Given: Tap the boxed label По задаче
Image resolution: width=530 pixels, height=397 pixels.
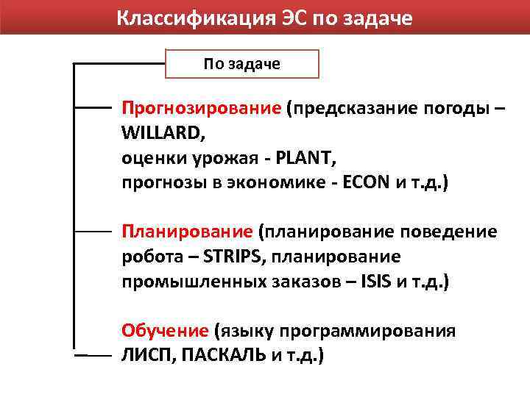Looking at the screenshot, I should click(241, 64).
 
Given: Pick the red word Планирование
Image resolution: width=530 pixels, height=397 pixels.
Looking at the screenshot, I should click(187, 232).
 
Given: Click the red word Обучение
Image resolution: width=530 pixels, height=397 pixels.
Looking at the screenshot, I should click(165, 331).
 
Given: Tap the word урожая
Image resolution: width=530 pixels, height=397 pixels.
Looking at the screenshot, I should click(205, 158).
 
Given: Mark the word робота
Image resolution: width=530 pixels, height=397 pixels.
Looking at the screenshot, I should click(149, 257).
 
